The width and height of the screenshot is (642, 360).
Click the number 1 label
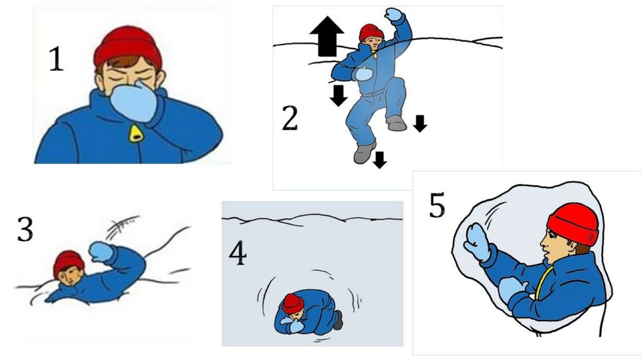pos(56,59)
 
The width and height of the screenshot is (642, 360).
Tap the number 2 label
pos(290,118)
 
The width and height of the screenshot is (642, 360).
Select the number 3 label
pos(25,229)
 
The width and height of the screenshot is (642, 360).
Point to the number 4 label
pos(238,253)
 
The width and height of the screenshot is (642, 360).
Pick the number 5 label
pos(437,205)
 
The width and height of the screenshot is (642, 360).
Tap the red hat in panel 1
pos(128,46)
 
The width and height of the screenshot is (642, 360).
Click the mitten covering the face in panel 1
pos(134,102)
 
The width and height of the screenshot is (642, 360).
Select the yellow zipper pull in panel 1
pos(135,133)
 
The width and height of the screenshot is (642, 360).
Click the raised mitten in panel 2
pos(394,14)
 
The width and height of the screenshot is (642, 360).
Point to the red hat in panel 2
pos(371,33)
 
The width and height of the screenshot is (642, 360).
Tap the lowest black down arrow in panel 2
pos(379,160)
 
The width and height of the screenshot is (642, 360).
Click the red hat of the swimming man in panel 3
pos(68,263)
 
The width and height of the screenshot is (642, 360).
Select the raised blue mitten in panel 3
pos(100,251)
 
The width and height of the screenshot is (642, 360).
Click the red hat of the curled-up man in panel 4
pos(293,304)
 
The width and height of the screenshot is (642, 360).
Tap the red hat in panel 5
pos(573,224)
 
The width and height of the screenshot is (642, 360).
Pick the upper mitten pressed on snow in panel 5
pos(477,241)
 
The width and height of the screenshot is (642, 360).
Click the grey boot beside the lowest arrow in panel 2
pos(364,153)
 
